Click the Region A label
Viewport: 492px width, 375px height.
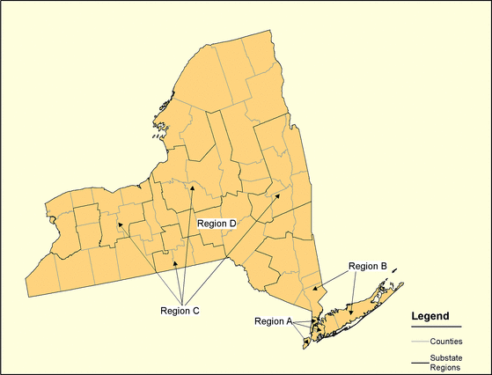pyautogui.click(x=272, y=320)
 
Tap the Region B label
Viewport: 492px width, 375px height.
pyautogui.click(x=367, y=266)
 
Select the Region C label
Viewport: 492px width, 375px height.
pyautogui.click(x=180, y=310)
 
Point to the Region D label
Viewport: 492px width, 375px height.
pyautogui.click(x=217, y=224)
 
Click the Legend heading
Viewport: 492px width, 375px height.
pyautogui.click(x=430, y=316)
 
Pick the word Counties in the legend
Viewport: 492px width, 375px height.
pyautogui.click(x=447, y=340)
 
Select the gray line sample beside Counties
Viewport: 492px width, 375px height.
pyautogui.click(x=420, y=341)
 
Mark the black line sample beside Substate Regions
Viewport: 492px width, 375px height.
pyautogui.click(x=420, y=363)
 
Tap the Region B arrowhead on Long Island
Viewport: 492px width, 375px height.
pyautogui.click(x=352, y=314)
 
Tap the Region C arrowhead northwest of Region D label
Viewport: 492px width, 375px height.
pyautogui.click(x=191, y=187)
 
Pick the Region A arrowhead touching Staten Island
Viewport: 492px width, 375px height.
pyautogui.click(x=307, y=335)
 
